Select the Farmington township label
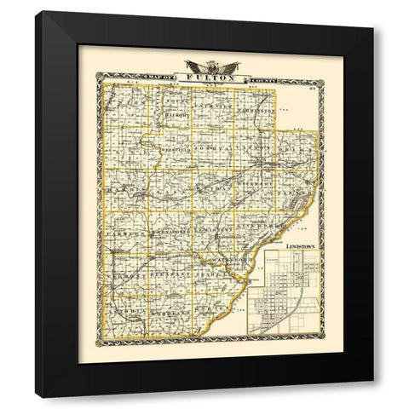tap(256, 111)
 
